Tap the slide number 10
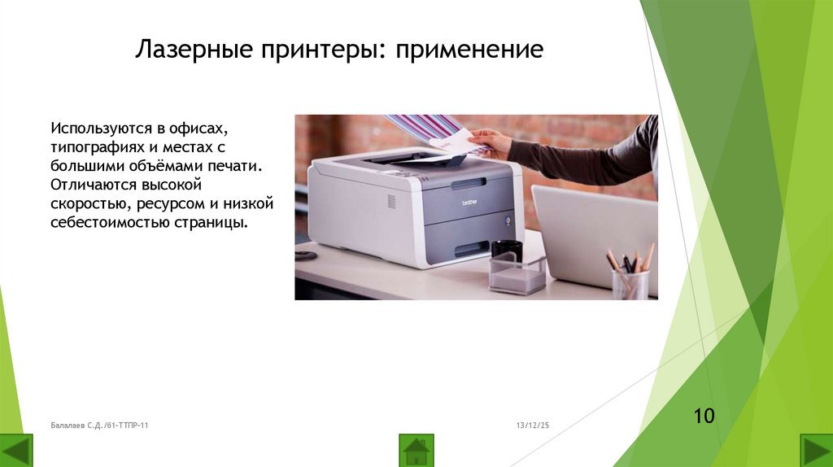pyautogui.click(x=704, y=417)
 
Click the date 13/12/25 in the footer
pyautogui.click(x=533, y=426)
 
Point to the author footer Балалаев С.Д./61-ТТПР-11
pyautogui.click(x=98, y=426)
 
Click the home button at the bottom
pyautogui.click(x=416, y=450)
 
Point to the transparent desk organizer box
pyautogui.click(x=517, y=275)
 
